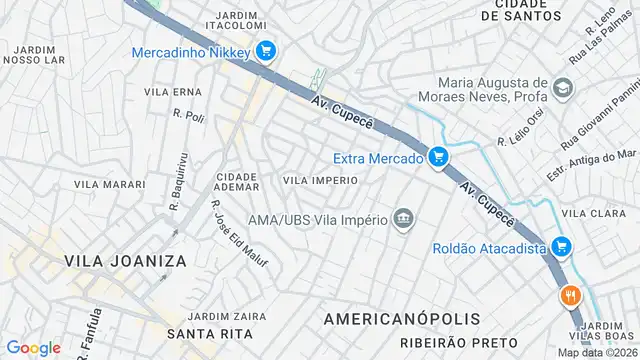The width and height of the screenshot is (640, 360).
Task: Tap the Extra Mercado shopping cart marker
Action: click(x=438, y=156)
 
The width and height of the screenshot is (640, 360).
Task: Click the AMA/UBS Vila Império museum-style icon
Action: click(x=403, y=220)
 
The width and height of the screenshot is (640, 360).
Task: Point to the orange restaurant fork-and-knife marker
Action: click(x=571, y=296)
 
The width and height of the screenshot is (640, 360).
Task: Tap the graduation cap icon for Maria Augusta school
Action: click(x=563, y=90)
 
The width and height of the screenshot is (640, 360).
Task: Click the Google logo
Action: click(x=33, y=347)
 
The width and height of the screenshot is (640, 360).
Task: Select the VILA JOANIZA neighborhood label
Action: click(x=125, y=260)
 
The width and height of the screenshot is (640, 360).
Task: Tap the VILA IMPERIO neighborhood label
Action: click(x=320, y=180)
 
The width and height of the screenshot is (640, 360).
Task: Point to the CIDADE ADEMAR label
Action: click(x=237, y=181)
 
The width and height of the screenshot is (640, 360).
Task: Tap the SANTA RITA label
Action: click(x=202, y=333)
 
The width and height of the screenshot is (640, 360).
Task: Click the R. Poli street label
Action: click(x=188, y=115)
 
